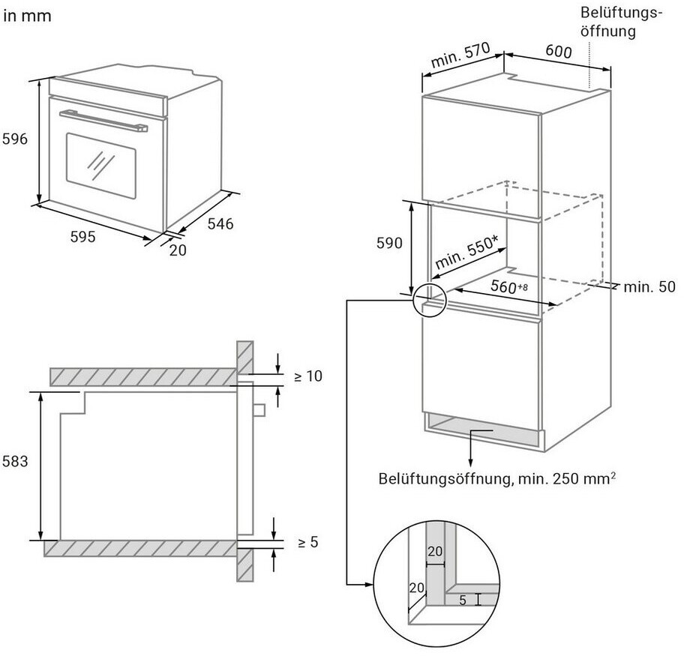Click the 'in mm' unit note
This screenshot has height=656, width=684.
[27, 16]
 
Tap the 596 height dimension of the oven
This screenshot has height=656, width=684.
[15, 139]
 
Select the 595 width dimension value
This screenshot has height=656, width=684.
[83, 237]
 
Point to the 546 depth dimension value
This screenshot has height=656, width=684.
[220, 223]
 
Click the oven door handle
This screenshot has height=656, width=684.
[103, 120]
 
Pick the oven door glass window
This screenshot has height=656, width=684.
[100, 166]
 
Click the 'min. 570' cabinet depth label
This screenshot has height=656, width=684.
[460, 55]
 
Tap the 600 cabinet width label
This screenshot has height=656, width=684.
[558, 52]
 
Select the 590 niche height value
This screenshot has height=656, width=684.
[389, 243]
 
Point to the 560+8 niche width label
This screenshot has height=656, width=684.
[509, 286]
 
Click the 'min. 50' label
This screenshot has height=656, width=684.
[649, 287]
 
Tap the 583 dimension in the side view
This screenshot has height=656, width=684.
[15, 462]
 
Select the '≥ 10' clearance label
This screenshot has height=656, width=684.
[308, 376]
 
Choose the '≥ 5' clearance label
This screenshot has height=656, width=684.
[308, 542]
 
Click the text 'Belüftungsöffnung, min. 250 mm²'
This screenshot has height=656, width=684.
[496, 478]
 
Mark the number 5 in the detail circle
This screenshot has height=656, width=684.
[463, 601]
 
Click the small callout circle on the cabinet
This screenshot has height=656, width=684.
[430, 300]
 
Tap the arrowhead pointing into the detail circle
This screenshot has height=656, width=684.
[369, 585]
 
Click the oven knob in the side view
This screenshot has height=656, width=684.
[259, 410]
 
